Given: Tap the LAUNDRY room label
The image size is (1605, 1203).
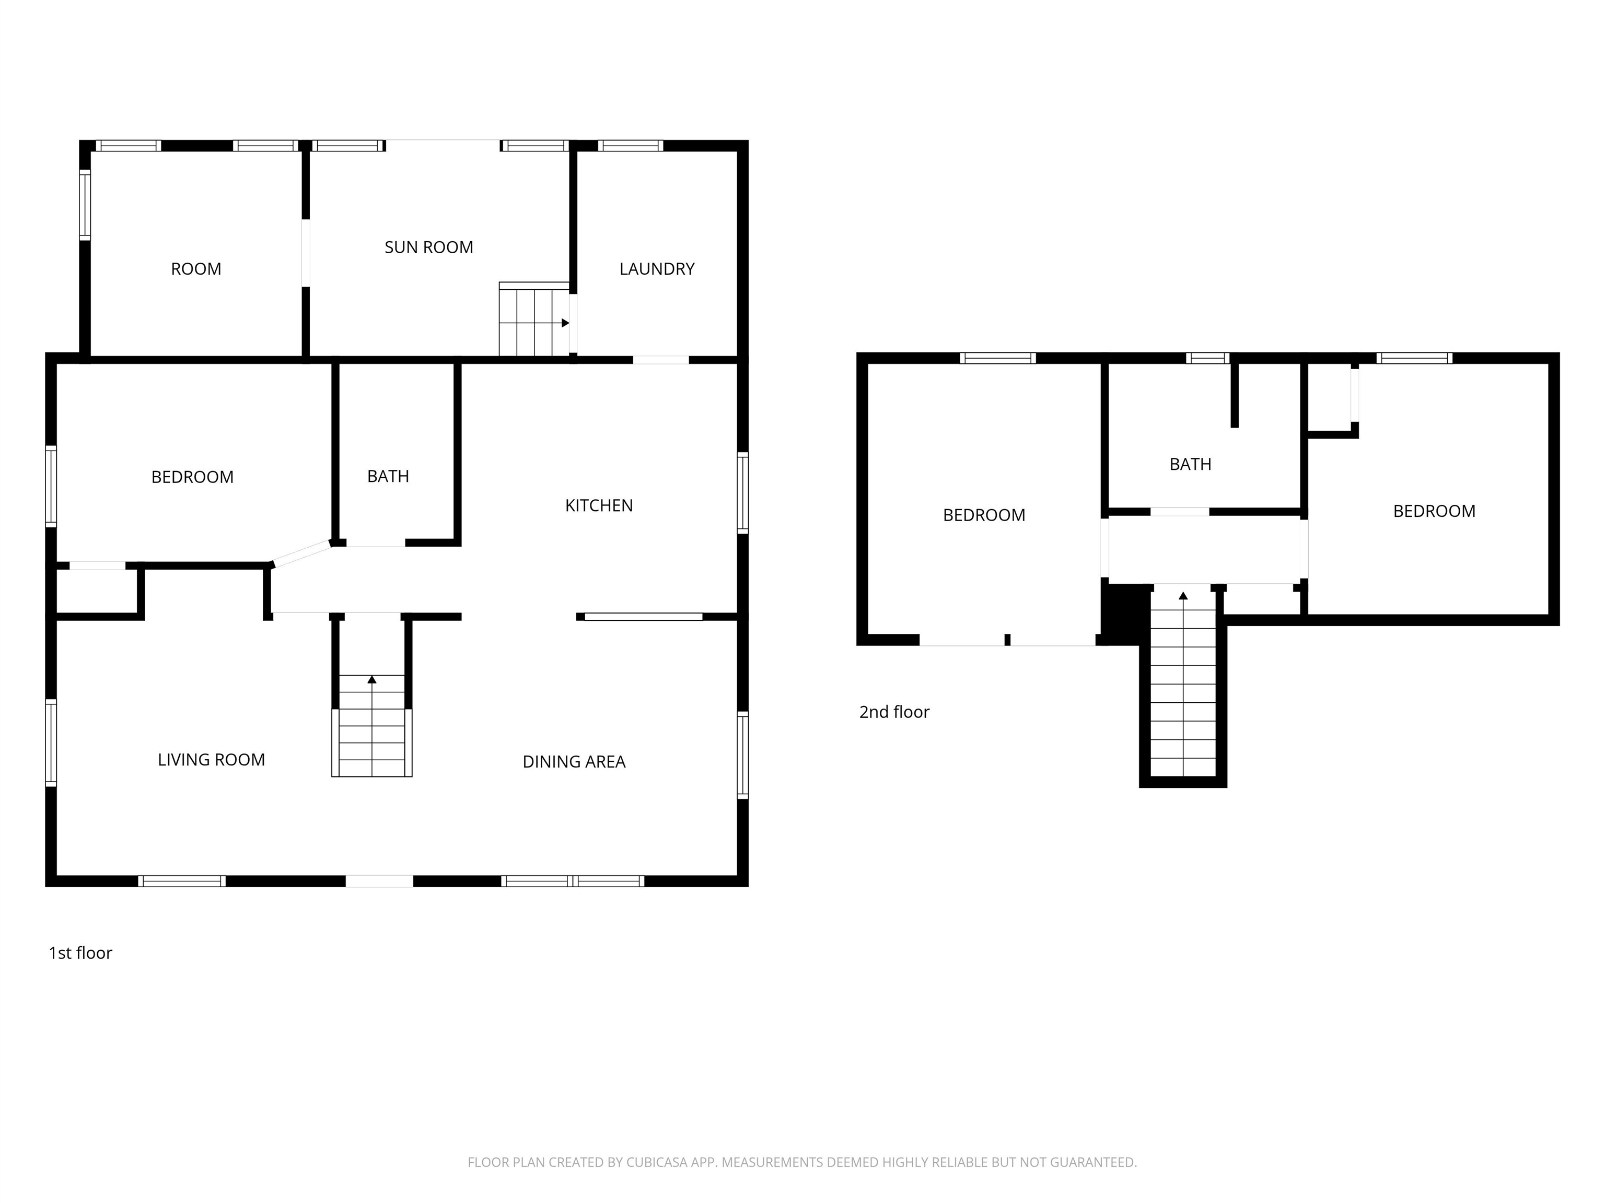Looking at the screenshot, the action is tap(657, 269).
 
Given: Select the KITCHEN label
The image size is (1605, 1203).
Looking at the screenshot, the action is tap(599, 505).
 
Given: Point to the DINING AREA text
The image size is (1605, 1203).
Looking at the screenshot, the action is tap(574, 761).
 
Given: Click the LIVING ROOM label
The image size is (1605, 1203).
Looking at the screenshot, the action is tap(211, 759).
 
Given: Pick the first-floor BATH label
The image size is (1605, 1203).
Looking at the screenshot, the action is tap(388, 476).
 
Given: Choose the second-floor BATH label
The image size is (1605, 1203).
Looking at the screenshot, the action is tap(1190, 464).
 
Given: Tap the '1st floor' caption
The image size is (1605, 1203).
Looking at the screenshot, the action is tap(80, 953).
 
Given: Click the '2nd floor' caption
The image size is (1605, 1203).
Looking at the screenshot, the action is tap(894, 712).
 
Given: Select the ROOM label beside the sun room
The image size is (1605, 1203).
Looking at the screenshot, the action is tap(196, 269).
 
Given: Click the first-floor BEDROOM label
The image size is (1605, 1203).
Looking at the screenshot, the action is tap(192, 477).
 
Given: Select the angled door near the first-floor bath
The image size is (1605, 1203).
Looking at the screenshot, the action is tap(301, 553).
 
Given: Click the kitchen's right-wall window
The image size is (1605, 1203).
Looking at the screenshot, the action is tap(743, 493).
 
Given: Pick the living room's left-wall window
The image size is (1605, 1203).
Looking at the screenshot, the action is tap(51, 742).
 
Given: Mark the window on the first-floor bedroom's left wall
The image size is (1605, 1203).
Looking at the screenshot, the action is tap(51, 486).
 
